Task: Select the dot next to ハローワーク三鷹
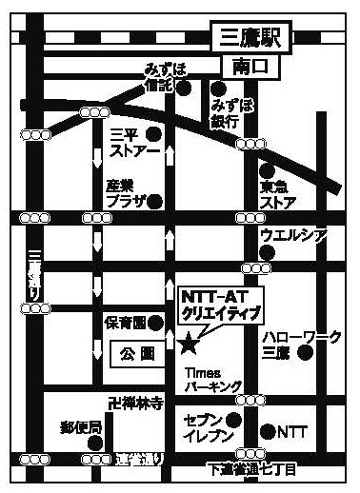[304, 353]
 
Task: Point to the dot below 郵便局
[93, 442]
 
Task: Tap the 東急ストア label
[278, 193]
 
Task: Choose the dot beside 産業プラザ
[154, 201]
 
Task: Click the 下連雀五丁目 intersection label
[251, 470]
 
